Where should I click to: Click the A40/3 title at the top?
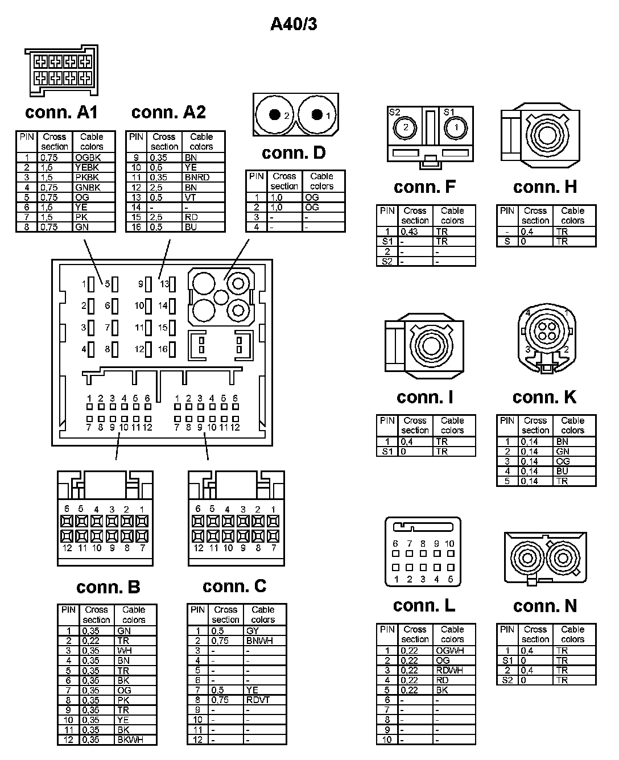294,24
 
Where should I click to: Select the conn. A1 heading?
61,112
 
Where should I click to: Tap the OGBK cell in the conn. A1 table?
87,158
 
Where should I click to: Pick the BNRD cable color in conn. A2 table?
197,177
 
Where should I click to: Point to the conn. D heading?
294,152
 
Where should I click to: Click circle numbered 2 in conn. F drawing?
406,127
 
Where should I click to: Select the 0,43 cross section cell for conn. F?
409,232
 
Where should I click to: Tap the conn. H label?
544,187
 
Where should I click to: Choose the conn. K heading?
544,397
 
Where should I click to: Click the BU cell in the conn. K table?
562,471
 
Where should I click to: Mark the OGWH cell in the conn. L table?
449,650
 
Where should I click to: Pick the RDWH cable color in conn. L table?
449,670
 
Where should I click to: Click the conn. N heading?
544,606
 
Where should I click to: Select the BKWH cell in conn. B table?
130,740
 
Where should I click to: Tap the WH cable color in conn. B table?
125,651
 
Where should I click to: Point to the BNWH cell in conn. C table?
259,641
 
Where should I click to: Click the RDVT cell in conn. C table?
258,700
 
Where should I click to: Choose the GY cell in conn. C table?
253,631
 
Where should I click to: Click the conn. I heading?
424,397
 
